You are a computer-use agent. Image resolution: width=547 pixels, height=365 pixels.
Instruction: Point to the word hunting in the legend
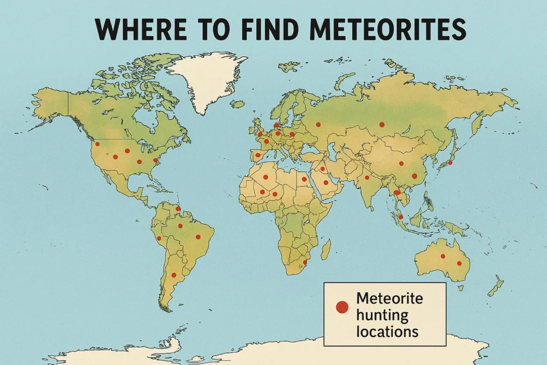click(x=381, y=315)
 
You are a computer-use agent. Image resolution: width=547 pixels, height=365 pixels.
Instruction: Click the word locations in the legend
click(x=387, y=331)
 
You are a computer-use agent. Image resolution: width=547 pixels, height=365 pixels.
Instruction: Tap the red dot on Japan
click(x=450, y=162)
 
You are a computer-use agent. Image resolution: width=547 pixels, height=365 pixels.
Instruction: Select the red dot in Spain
click(x=257, y=156)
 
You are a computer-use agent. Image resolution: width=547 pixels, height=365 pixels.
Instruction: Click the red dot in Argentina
click(x=173, y=275)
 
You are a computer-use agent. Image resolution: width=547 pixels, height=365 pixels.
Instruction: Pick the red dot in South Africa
click(x=304, y=262)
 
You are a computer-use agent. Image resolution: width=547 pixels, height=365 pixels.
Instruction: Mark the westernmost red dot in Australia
click(x=442, y=256)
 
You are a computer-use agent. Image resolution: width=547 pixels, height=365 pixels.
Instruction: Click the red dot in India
click(x=367, y=177)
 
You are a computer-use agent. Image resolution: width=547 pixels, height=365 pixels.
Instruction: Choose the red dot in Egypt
click(x=304, y=179)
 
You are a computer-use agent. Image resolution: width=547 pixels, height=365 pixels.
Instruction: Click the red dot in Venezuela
click(x=178, y=209)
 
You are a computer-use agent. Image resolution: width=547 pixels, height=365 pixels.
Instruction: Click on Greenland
click(x=206, y=77)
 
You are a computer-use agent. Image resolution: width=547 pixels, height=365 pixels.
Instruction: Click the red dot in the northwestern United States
click(x=97, y=144)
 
